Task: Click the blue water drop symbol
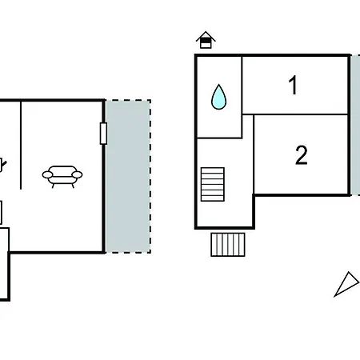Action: click(x=218, y=97)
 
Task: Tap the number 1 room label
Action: click(x=293, y=85)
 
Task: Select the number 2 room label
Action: click(x=302, y=155)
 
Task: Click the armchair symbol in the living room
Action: click(x=62, y=177)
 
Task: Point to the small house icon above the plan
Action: click(x=206, y=40)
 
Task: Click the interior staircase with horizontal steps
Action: click(x=213, y=184)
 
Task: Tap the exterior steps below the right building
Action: click(x=228, y=245)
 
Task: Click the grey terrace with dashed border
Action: click(x=128, y=176)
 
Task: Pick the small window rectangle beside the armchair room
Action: click(x=103, y=134)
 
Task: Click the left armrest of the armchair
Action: click(x=47, y=174)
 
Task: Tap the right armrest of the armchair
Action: click(x=78, y=174)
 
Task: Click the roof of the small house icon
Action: click(x=206, y=37)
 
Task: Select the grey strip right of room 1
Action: click(x=355, y=125)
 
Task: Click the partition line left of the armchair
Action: click(x=21, y=145)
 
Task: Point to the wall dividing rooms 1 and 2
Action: click(x=295, y=114)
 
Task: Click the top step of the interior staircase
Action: click(x=213, y=170)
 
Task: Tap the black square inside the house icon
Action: click(x=206, y=40)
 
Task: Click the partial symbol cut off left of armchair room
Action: click(x=2, y=165)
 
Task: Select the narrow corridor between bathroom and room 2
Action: click(x=248, y=154)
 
